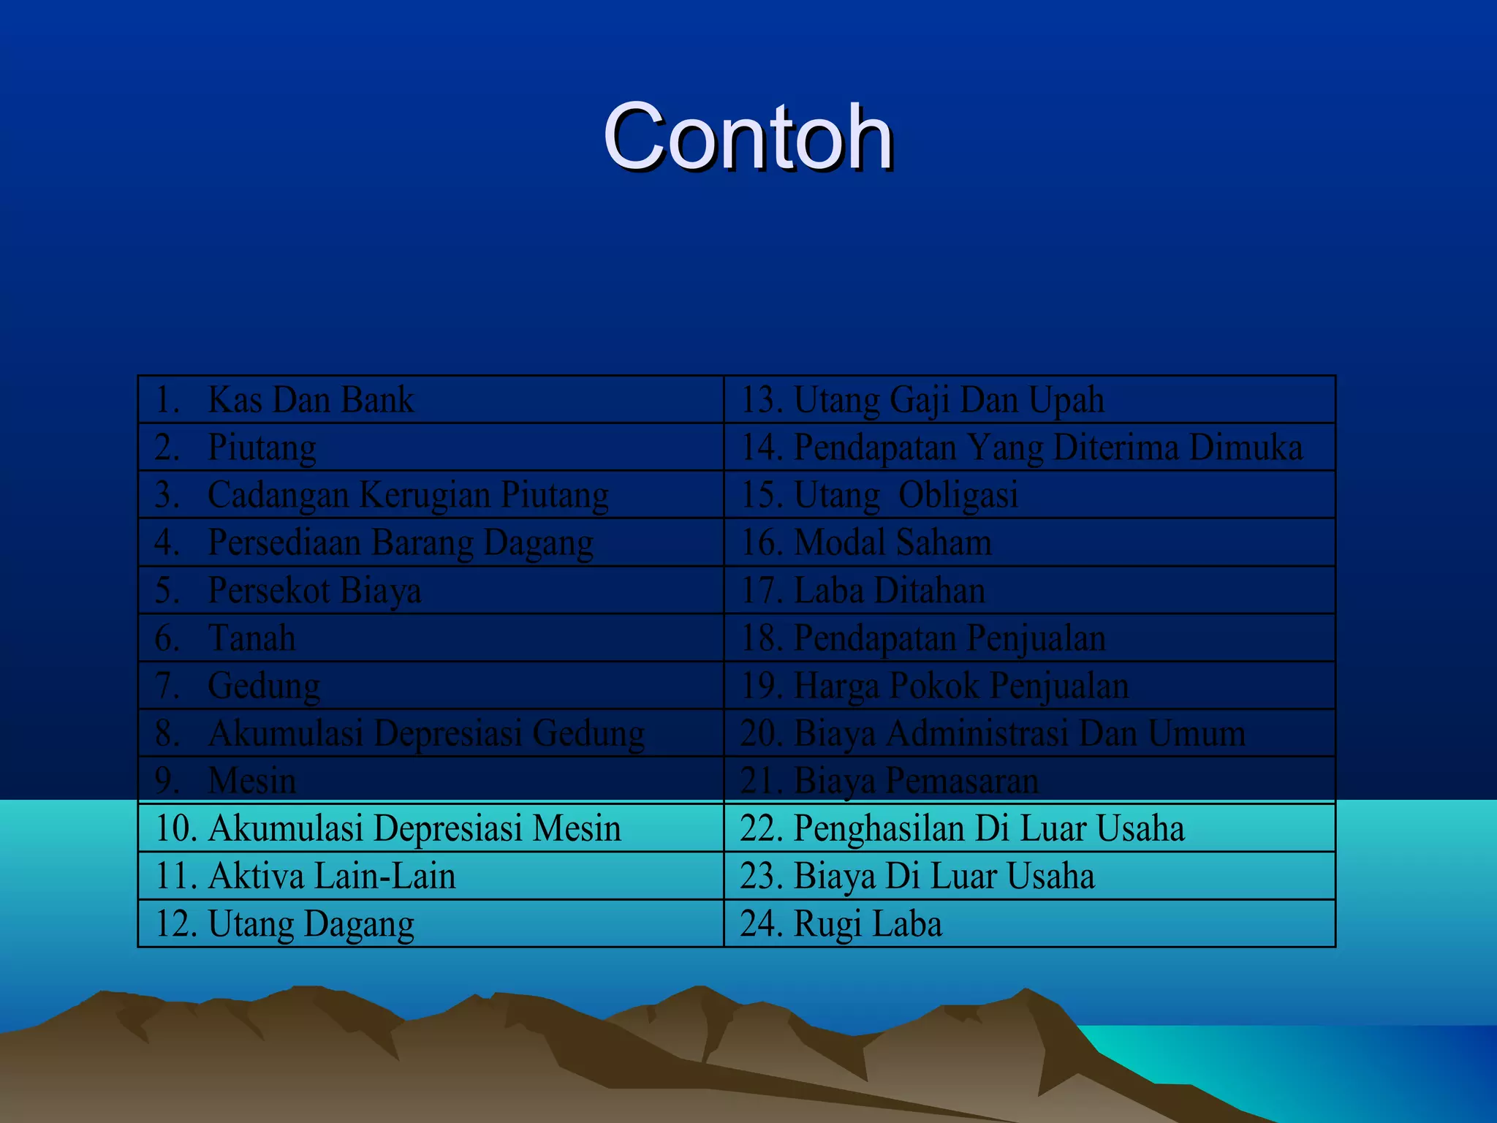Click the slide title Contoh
[x=748, y=137]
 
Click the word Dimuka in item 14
[x=1246, y=447]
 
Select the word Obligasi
[x=958, y=495]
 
